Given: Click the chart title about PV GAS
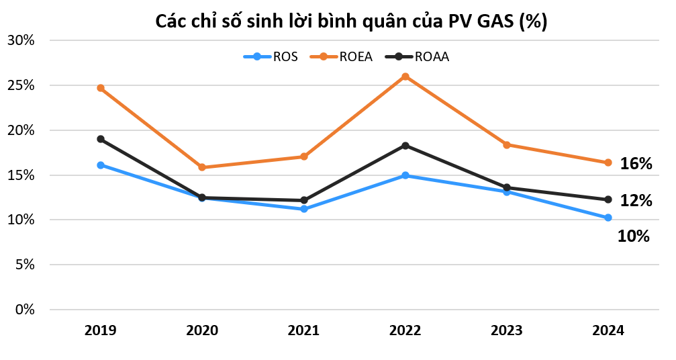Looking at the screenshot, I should coord(351,21).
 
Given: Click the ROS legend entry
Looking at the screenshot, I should coord(271,56).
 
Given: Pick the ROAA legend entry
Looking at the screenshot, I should coord(416,56).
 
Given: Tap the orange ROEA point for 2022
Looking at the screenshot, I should coord(405,77).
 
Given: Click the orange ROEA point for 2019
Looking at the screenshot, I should coord(101,88).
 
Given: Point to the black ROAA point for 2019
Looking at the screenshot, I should coord(101,139).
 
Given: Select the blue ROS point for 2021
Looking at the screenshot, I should coord(304,209).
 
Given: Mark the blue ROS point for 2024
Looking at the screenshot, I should coord(608,218).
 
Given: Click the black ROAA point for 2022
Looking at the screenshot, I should coord(405,146).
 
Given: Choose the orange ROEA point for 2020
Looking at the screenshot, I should coord(202,167).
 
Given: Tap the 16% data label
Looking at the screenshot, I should coord(636,164).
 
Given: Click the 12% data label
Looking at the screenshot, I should coord(636,200).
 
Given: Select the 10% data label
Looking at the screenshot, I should coord(633,236).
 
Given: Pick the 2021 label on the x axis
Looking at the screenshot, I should coord(304,330).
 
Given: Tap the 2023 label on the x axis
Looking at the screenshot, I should coord(507,330).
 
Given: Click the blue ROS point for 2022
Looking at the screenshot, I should coord(405,175).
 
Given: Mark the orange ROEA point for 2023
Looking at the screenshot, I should coord(507,145).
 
